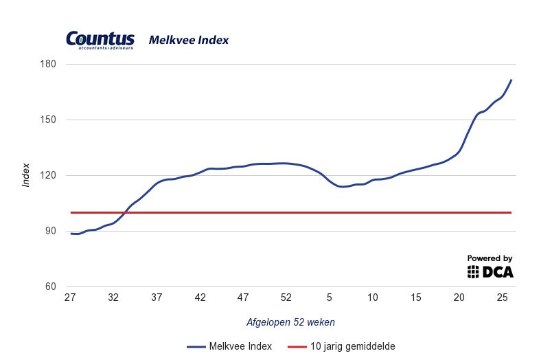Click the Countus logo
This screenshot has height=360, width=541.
(x=100, y=40)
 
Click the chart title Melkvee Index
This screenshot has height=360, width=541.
(x=189, y=41)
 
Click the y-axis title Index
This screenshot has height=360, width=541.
(x=26, y=175)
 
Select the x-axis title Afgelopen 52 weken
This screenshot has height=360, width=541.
(x=290, y=322)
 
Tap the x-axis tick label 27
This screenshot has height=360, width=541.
(x=69, y=297)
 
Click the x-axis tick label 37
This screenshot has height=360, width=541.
(x=157, y=297)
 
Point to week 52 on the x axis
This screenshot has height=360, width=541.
(x=286, y=297)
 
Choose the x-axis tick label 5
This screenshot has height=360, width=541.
(x=330, y=297)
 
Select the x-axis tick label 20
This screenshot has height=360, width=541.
(x=459, y=297)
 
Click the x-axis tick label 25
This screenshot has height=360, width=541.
(x=502, y=297)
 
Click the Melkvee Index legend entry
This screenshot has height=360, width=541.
(x=229, y=346)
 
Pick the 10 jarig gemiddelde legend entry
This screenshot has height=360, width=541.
(x=343, y=346)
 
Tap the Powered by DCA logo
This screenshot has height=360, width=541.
(x=490, y=267)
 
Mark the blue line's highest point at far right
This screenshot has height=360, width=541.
(x=511, y=80)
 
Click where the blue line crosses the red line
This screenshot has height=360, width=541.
(x=125, y=212)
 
